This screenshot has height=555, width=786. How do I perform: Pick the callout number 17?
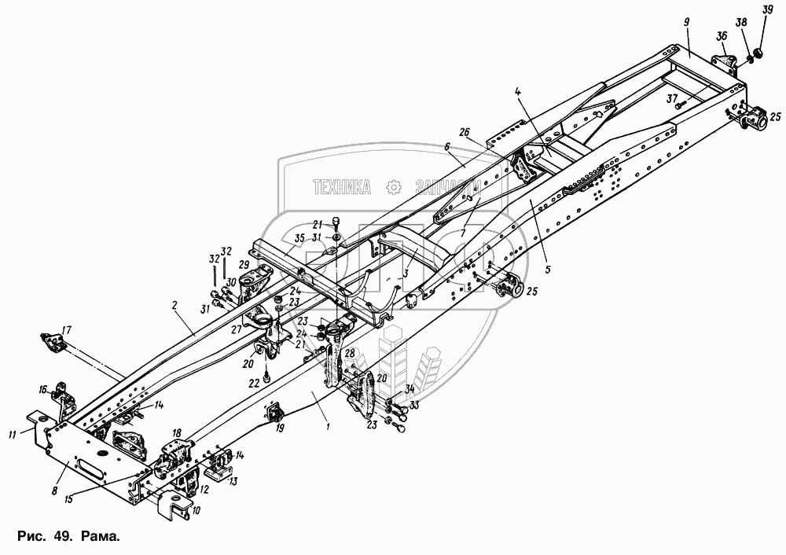(x=67, y=329)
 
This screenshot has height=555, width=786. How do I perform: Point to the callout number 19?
(x=281, y=428)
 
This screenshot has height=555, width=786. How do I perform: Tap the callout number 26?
(x=465, y=132)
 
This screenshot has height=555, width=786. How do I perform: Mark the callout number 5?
(x=548, y=269)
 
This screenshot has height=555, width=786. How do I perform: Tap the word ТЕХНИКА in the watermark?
(x=342, y=186)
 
